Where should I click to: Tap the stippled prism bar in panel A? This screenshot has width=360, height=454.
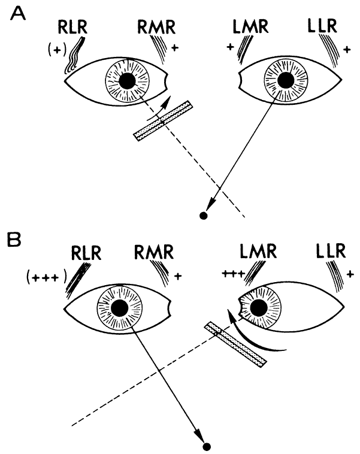163,121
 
